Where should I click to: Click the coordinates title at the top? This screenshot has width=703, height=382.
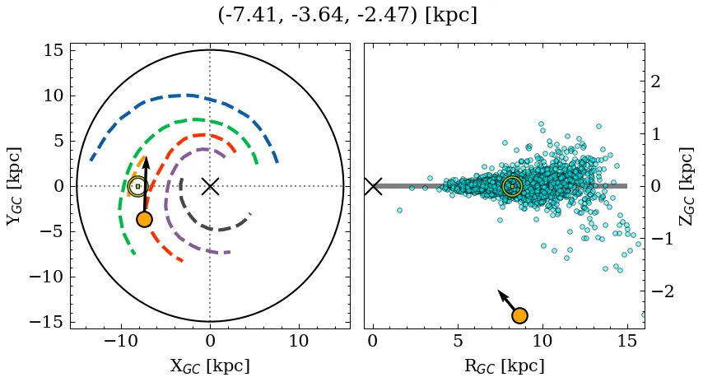(x=347, y=16)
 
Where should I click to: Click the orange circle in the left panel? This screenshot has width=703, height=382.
(x=144, y=219)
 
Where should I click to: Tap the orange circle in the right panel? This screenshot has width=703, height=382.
(x=519, y=315)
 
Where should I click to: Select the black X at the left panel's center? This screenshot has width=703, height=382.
(x=210, y=186)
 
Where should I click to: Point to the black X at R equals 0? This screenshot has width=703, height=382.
(x=373, y=186)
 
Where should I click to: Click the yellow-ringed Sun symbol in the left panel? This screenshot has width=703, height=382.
(x=137, y=187)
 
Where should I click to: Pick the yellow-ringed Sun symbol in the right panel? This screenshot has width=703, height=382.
(x=512, y=187)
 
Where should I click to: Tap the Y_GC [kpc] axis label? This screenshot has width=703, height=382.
(x=14, y=186)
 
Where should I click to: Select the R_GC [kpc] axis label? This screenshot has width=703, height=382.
(x=504, y=366)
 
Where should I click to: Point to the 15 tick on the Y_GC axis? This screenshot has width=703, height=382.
(x=51, y=51)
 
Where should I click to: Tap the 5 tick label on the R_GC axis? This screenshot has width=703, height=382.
(x=458, y=341)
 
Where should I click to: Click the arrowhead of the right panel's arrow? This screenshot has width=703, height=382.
(x=500, y=292)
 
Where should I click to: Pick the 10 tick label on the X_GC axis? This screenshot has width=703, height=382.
(x=299, y=341)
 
